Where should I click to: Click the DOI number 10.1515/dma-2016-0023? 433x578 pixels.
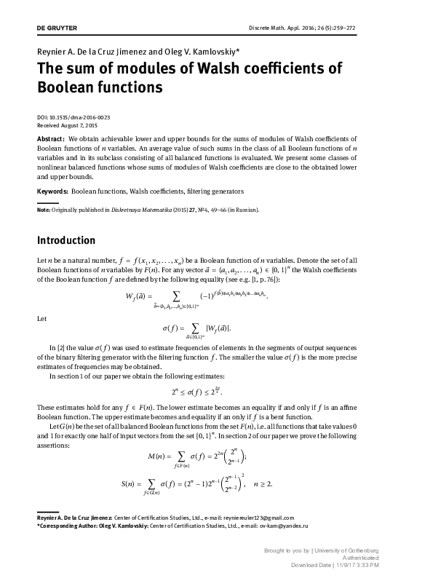click(x=84, y=117)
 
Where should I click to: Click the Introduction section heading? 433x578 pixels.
click(x=65, y=240)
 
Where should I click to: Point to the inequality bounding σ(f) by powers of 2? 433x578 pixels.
click(x=216, y=389)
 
